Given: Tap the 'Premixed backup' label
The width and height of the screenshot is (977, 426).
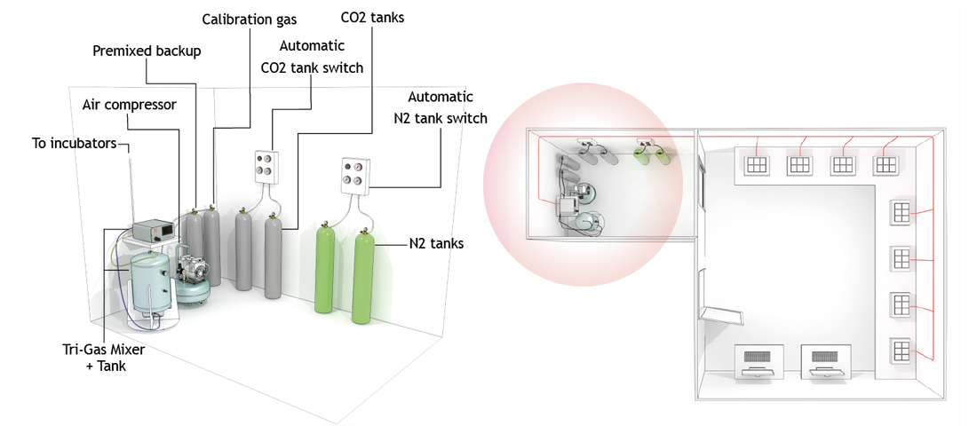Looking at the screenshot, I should [x=147, y=51].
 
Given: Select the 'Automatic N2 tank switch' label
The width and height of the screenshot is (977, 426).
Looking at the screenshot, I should [x=441, y=107].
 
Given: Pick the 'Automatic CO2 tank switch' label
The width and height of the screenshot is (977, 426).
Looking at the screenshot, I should [x=312, y=56].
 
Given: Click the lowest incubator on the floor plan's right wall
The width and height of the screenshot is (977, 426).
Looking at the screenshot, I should [x=901, y=350].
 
